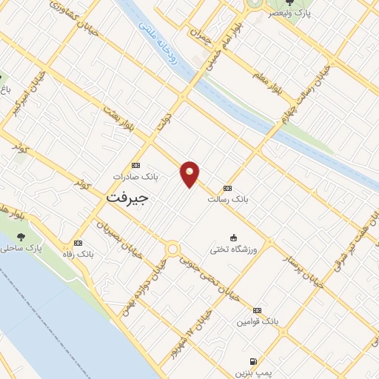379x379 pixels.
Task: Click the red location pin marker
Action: point(190,174)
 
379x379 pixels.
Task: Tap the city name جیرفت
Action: point(127,198)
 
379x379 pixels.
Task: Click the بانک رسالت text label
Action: point(227,200)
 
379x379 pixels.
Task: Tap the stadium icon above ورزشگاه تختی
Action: point(235,237)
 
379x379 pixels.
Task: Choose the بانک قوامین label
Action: point(257,322)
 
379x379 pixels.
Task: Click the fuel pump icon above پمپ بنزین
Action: point(253,360)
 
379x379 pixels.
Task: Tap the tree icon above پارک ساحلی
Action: point(21,237)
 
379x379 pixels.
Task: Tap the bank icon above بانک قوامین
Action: point(257,310)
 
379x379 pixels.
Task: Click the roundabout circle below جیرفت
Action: point(172,249)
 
